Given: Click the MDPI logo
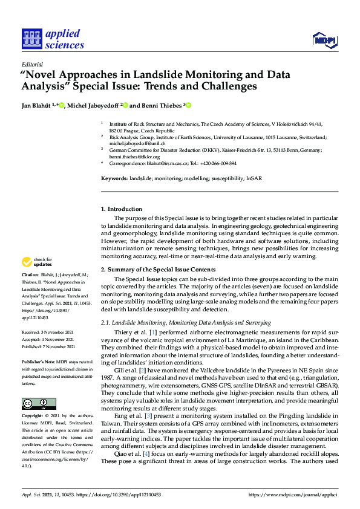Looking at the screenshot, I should pyautogui.click(x=324, y=40).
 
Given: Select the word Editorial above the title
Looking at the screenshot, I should pyautogui.click(x=31, y=64).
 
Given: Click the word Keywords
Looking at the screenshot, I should pyautogui.click(x=114, y=179).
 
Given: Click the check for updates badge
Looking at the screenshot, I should pyautogui.click(x=36, y=262).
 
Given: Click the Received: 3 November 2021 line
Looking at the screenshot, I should pyautogui.click(x=48, y=332).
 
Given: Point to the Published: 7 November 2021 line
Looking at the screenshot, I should pyautogui.click(x=48, y=346).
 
